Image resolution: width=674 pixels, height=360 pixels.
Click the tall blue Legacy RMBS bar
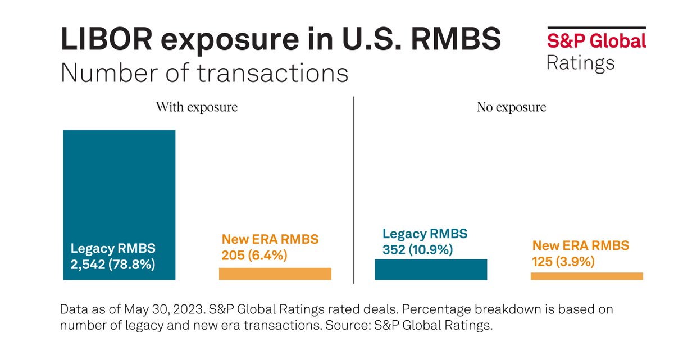pyautogui.click(x=119, y=185)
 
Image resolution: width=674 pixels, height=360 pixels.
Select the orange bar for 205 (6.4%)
pyautogui.click(x=275, y=274)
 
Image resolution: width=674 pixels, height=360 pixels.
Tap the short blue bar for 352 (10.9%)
pyautogui.click(x=430, y=269)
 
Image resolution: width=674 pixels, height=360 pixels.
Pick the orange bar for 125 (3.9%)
pyautogui.click(x=586, y=276)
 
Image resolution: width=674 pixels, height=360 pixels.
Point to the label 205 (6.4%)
pyautogui.click(x=254, y=256)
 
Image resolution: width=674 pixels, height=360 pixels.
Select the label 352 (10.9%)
pyautogui.click(x=417, y=249)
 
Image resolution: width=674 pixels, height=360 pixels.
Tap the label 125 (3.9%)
pyautogui.click(x=563, y=261)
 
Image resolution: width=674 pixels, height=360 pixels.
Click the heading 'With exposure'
pyautogui.click(x=197, y=107)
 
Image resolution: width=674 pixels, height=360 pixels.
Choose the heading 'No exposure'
pyautogui.click(x=511, y=107)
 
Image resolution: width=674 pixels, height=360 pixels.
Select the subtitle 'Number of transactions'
pyautogui.click(x=204, y=73)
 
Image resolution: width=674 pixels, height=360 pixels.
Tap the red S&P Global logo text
pyautogui.click(x=596, y=41)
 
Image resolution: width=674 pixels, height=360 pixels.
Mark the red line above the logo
pyautogui.click(x=596, y=28)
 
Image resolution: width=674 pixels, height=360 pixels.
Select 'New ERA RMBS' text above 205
pyautogui.click(x=270, y=240)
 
